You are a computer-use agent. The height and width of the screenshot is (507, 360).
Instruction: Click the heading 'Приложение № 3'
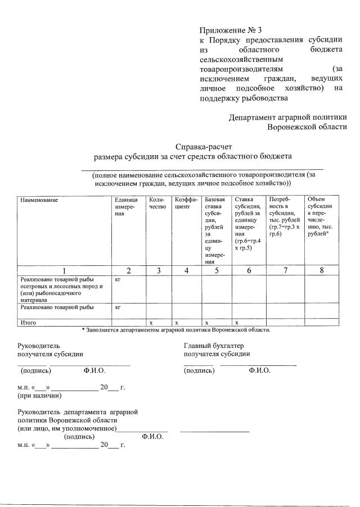pyautogui.click(x=227, y=30)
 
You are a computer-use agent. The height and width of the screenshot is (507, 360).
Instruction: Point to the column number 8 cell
pyautogui.click(x=322, y=270)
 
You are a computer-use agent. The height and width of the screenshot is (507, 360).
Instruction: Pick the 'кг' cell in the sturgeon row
pyautogui.click(x=118, y=279)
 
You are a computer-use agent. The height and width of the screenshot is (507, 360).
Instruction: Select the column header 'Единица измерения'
pyautogui.click(x=124, y=207)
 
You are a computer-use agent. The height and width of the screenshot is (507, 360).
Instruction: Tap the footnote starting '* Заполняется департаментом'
pyautogui.click(x=175, y=330)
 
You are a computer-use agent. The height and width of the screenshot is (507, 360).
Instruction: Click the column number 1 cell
pyautogui.click(x=64, y=270)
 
